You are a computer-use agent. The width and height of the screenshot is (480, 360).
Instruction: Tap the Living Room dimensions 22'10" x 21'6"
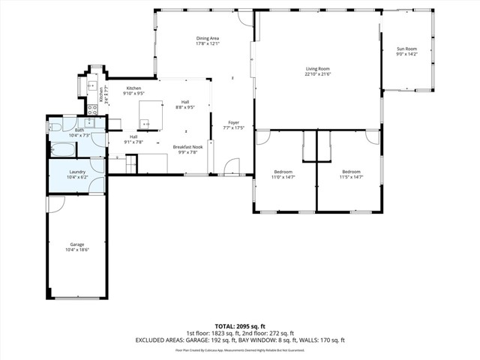318,74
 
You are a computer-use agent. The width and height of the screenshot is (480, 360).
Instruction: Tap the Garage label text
76,244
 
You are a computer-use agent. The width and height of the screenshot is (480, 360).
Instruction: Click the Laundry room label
77,172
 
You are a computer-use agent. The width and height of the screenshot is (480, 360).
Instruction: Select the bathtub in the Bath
62,150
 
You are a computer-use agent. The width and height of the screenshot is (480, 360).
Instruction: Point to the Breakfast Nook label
187,147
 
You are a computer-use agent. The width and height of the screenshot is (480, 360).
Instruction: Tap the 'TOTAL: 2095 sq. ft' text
239,327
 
